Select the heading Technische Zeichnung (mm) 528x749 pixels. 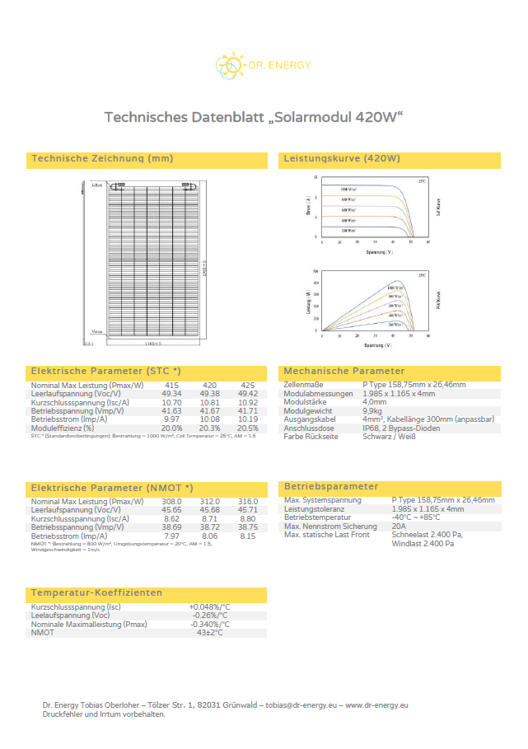[x=101, y=158]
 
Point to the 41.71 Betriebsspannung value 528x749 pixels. [x=247, y=410]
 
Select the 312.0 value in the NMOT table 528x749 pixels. [x=210, y=501]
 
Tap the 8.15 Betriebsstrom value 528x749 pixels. [x=247, y=536]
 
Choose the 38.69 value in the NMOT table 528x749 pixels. [x=171, y=527]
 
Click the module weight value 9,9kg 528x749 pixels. [x=373, y=410]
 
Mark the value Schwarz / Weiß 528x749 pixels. [x=389, y=437]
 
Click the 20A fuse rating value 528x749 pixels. [x=400, y=527]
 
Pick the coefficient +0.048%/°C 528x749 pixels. [x=210, y=607]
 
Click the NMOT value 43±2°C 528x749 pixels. [x=210, y=633]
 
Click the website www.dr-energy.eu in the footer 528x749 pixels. [x=376, y=705]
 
